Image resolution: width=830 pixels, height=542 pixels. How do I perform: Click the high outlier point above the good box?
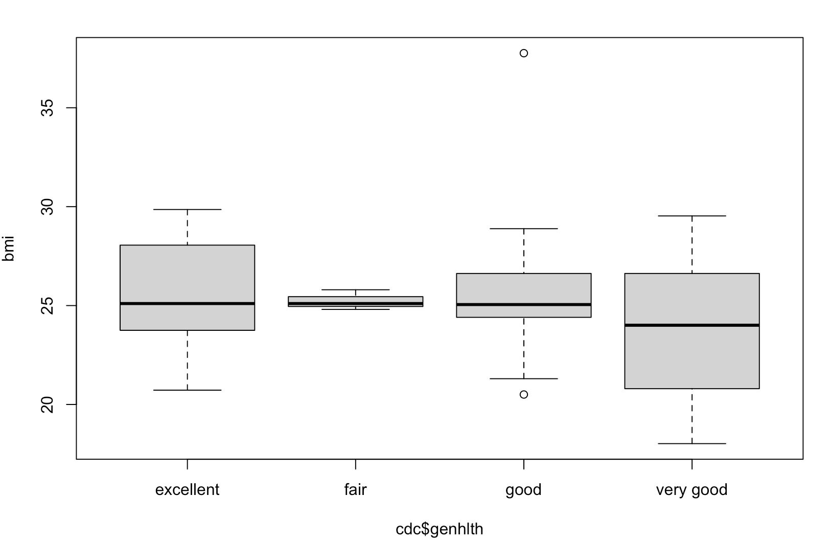[523, 53]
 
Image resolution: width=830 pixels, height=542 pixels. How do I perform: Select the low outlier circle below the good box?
[523, 394]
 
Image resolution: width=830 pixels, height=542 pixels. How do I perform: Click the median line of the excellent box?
[187, 304]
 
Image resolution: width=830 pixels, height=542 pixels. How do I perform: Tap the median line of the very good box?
[691, 325]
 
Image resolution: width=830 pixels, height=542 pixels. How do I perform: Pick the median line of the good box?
[523, 305]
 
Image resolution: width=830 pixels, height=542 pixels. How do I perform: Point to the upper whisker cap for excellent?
[187, 210]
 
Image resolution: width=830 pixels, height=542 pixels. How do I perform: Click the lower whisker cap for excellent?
[187, 390]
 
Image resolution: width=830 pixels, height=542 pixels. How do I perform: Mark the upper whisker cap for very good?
[691, 216]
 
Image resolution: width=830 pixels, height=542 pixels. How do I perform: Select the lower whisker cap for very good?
[691, 443]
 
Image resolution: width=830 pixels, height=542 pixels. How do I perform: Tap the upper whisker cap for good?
[523, 229]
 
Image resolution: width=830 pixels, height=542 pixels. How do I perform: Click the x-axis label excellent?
[187, 490]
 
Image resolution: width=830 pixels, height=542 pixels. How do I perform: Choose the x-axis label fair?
[355, 490]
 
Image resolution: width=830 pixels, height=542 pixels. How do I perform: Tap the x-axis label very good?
[691, 490]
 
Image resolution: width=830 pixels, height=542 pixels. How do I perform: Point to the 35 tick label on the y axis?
[47, 108]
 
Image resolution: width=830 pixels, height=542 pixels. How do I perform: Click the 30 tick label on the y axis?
[47, 207]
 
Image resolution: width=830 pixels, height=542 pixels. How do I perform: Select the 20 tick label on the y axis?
[47, 404]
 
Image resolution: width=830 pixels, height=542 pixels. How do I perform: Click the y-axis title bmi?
[9, 248]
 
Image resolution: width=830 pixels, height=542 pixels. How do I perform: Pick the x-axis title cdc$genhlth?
[439, 529]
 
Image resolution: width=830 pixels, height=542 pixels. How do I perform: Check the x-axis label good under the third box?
[523, 490]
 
